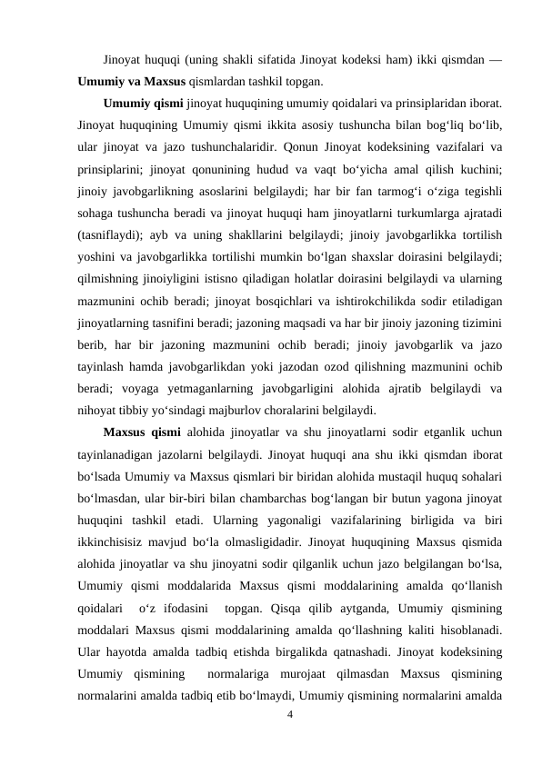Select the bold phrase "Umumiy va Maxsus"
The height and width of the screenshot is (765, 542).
click(x=132, y=80)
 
